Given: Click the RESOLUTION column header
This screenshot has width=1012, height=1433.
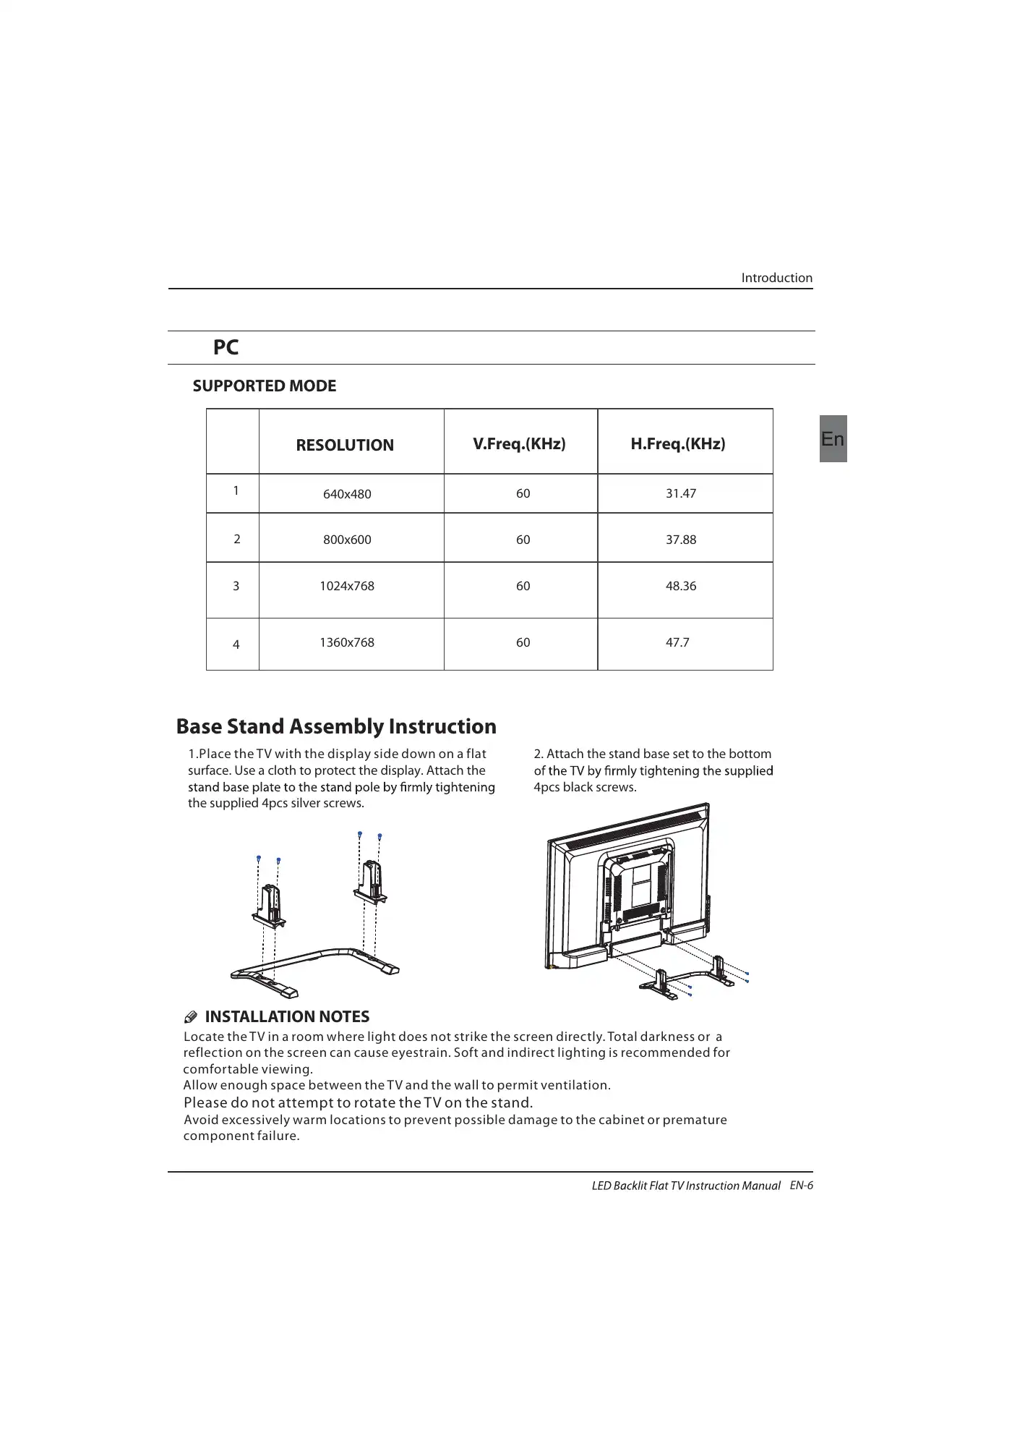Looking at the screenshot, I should pyautogui.click(x=345, y=445).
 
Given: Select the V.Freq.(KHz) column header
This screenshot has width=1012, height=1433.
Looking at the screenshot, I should pyautogui.click(x=519, y=443).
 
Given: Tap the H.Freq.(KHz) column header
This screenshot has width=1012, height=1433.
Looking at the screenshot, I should pyautogui.click(x=677, y=443).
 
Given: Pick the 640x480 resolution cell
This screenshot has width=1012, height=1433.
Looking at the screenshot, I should pyautogui.click(x=347, y=494).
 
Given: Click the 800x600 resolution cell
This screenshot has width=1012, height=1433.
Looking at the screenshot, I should pyautogui.click(x=347, y=540).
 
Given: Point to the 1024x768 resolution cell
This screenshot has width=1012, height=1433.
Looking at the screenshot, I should pyautogui.click(x=347, y=586).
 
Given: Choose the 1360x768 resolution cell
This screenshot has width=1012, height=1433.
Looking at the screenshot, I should pyautogui.click(x=347, y=642).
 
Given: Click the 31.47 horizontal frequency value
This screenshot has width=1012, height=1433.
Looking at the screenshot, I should pyautogui.click(x=680, y=493).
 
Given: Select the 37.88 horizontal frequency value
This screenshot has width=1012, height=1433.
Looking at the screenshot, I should pyautogui.click(x=680, y=540).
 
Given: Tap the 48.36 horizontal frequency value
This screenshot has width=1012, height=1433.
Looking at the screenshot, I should pyautogui.click(x=680, y=586).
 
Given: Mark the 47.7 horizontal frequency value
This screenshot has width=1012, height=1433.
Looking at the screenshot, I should pyautogui.click(x=677, y=642).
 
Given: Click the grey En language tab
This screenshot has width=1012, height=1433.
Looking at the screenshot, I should pyautogui.click(x=833, y=438).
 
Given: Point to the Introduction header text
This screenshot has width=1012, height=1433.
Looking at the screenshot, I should pyautogui.click(x=776, y=278).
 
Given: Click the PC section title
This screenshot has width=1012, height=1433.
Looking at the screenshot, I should pyautogui.click(x=226, y=347).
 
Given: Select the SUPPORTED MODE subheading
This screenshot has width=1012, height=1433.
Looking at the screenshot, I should pyautogui.click(x=265, y=386).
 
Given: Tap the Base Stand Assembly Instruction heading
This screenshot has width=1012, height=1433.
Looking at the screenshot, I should pyautogui.click(x=336, y=726).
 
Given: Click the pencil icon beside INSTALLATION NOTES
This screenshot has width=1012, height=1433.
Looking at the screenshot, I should pyautogui.click(x=191, y=1018).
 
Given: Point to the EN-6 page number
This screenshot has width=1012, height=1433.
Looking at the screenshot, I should pyautogui.click(x=801, y=1185).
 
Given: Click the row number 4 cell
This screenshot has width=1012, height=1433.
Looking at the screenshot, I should pyautogui.click(x=236, y=645).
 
